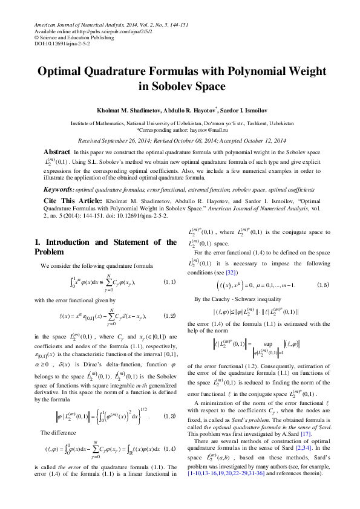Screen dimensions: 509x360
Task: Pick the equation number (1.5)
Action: point(323,284)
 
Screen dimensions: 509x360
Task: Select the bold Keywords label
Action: point(59,190)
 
